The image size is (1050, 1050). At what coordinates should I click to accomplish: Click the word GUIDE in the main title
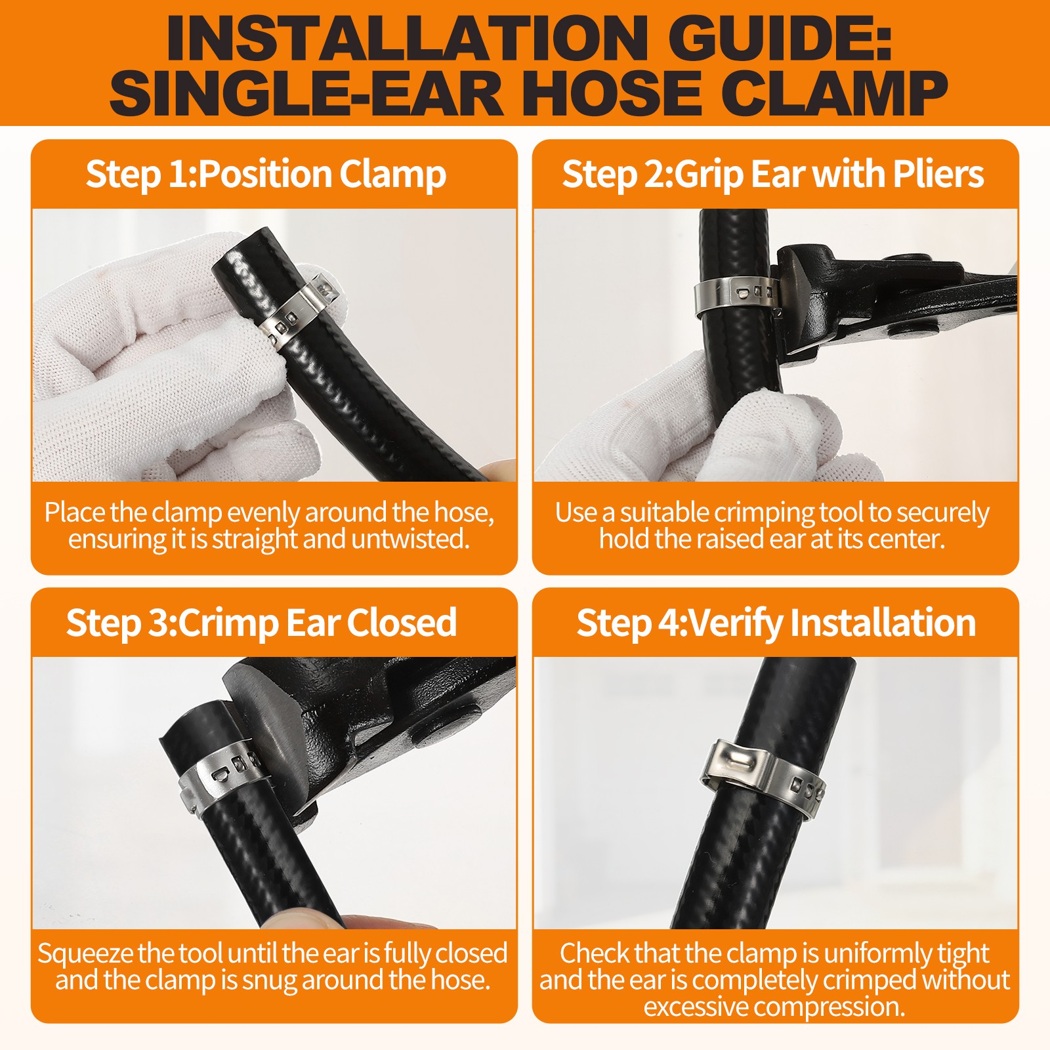784,37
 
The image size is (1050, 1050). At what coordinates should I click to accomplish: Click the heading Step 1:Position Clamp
266,175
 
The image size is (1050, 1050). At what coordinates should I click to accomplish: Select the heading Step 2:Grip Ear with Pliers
773,175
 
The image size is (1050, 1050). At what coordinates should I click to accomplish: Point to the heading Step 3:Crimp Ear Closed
261,623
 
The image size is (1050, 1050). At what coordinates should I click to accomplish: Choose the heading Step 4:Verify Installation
776,623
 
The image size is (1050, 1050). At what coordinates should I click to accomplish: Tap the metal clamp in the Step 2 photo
738,294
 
